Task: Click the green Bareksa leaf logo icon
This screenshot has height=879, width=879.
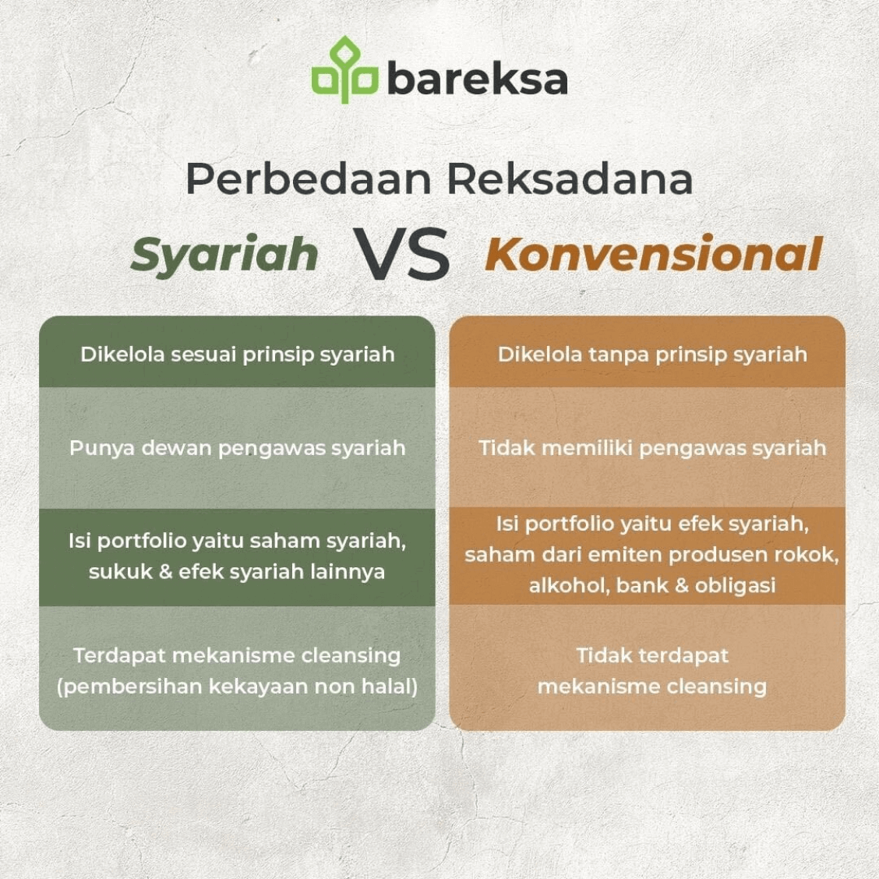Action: (x=344, y=71)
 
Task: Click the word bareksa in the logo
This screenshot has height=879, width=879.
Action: (x=477, y=78)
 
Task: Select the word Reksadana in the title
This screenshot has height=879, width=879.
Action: (x=570, y=178)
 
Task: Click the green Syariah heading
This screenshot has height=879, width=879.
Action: (x=224, y=255)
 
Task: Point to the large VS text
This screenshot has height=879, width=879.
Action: (x=402, y=254)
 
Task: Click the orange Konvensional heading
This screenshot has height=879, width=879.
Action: (x=653, y=254)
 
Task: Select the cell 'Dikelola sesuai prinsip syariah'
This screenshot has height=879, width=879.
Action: (x=237, y=355)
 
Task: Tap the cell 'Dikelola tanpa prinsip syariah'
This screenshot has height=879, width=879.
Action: (x=651, y=355)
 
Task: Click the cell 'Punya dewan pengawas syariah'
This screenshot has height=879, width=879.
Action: (x=237, y=448)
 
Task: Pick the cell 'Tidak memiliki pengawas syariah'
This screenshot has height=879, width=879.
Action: (x=651, y=448)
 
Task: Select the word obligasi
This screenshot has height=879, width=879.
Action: (x=735, y=585)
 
